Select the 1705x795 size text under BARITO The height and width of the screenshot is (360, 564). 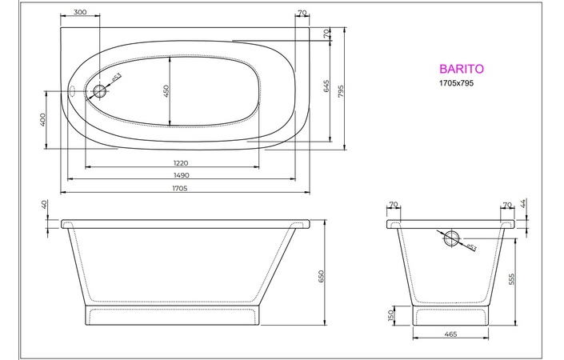click(x=458, y=83)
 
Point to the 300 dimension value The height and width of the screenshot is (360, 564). click(x=80, y=13)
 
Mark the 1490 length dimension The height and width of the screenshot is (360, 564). click(x=181, y=175)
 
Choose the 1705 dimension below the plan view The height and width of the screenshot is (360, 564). click(x=179, y=188)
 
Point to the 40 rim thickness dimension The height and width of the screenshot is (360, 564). click(x=44, y=206)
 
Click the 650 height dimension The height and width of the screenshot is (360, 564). click(x=322, y=276)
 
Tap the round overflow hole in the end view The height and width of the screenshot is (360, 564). click(x=450, y=237)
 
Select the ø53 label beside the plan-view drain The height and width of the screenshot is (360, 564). click(x=115, y=78)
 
